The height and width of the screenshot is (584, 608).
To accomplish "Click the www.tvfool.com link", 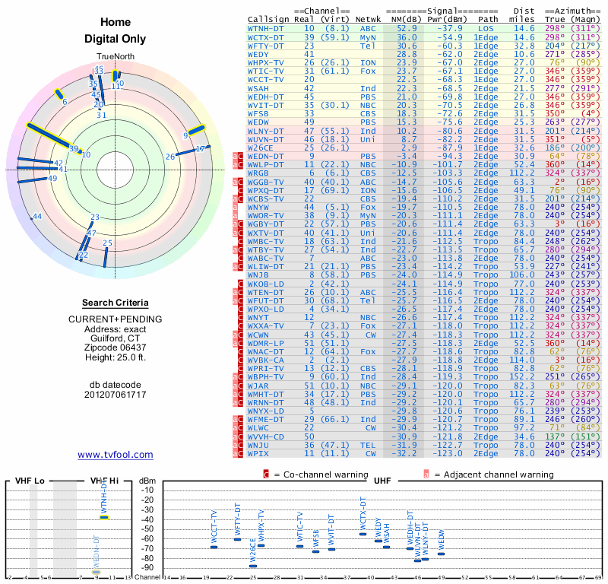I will [x=116, y=455].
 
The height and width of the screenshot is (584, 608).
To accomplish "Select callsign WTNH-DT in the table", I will [x=266, y=28].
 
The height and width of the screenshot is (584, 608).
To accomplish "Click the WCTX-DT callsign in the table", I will [x=266, y=37].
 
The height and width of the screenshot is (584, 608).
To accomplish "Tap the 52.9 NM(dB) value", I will [x=406, y=28].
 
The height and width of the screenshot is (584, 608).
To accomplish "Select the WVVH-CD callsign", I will [x=266, y=436].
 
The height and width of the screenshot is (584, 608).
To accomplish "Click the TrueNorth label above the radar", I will [x=115, y=57].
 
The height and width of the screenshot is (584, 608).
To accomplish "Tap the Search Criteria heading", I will [x=115, y=303].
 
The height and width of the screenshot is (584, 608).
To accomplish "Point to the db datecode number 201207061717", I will [x=115, y=395].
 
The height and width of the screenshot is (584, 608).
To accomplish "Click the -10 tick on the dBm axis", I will [x=147, y=490].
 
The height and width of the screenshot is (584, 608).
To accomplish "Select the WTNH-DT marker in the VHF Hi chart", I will [x=105, y=517].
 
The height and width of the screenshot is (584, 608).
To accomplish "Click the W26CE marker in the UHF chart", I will [x=253, y=566].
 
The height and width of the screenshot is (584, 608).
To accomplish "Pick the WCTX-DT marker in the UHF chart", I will [x=363, y=534].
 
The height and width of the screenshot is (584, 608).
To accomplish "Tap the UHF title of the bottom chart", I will [x=382, y=481].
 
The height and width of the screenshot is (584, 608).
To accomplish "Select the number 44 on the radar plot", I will [x=37, y=217].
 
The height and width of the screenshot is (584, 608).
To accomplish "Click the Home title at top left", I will [x=116, y=23].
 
